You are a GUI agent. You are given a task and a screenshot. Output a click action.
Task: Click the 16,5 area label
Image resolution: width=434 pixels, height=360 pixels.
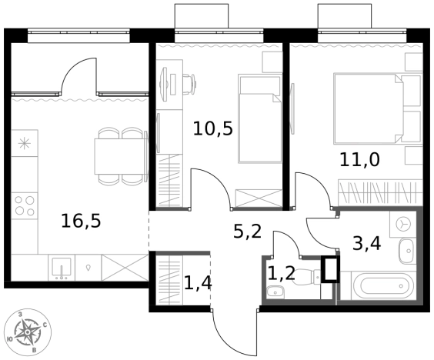(81, 222)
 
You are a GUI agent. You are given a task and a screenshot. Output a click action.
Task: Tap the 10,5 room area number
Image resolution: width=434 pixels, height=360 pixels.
(213, 129)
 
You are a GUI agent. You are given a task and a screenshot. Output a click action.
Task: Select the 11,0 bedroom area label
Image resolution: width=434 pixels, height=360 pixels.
(359, 160)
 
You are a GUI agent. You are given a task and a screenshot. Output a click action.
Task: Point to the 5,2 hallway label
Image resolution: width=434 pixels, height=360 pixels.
(247, 232)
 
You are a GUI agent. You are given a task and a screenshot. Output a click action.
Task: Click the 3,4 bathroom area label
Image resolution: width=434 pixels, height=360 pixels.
(367, 244)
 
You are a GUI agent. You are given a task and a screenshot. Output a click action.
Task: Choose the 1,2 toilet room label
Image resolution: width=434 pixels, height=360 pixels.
(282, 274)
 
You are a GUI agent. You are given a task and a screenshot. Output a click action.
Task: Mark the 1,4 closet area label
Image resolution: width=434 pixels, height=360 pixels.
(198, 283)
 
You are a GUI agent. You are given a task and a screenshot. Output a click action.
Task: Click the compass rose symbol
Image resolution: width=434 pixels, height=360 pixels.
(28, 332)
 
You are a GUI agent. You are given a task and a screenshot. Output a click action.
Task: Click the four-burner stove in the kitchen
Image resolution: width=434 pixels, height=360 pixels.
(25, 206)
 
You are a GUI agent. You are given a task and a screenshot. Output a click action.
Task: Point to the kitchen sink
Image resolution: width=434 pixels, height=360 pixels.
(62, 268)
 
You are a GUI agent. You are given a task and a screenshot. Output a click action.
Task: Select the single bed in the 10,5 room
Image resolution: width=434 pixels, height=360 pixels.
(260, 118)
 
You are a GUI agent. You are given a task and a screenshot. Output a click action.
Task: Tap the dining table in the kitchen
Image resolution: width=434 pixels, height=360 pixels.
(119, 156)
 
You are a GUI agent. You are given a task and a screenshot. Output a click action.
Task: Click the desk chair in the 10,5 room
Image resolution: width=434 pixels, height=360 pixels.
(190, 84)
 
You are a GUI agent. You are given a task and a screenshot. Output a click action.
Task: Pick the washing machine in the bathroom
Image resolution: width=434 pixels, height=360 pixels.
(403, 225)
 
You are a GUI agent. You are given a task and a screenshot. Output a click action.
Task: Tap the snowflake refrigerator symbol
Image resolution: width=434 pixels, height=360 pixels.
(25, 143)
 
